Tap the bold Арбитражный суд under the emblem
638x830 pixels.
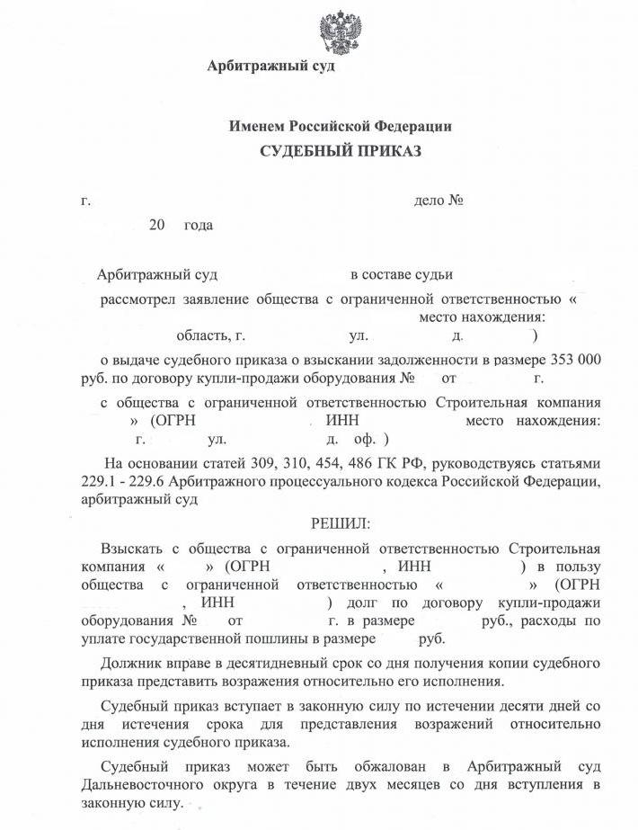click(270, 67)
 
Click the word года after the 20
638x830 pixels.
click(199, 224)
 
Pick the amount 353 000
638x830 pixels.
click(572, 360)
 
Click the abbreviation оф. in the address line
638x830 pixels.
click(365, 440)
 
